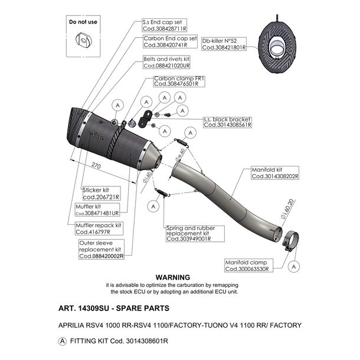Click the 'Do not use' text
tap(83, 22)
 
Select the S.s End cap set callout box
tap(165, 25)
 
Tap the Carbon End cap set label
tap(170, 41)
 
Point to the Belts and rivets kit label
tap(166, 62)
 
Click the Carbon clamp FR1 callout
tap(179, 81)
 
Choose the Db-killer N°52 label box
tap(224, 44)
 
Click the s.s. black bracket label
tap(227, 122)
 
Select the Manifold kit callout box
tap(275, 173)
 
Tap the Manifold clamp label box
tap(249, 266)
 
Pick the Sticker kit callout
tap(101, 194)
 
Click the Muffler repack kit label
tap(99, 228)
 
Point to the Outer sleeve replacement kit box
tap(102, 249)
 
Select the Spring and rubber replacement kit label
tap(195, 234)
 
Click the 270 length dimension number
tap(96, 165)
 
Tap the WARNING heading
tap(173, 277)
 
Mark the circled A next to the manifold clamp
tap(294, 267)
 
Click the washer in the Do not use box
tap(83, 40)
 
